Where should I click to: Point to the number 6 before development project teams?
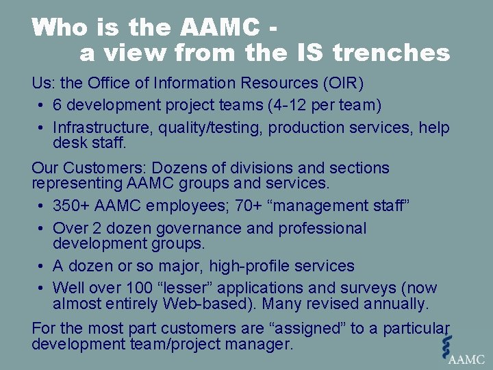(58, 106)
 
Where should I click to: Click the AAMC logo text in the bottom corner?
(467, 358)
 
